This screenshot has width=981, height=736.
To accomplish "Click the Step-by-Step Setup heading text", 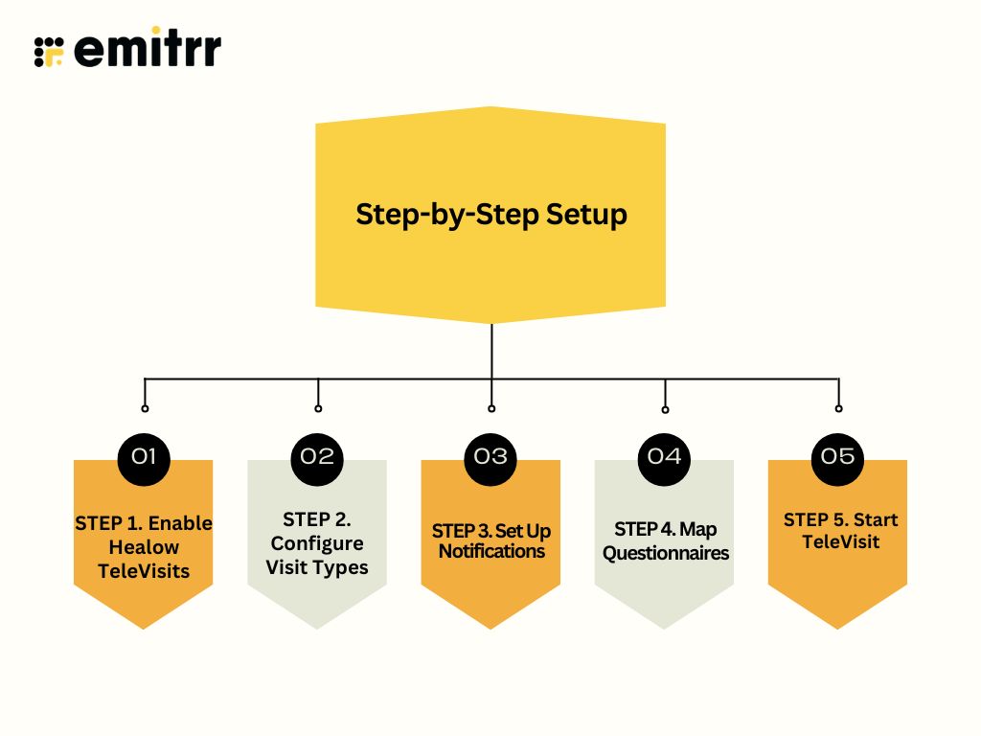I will coord(490,214).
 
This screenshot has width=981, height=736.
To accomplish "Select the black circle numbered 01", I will coord(144,456).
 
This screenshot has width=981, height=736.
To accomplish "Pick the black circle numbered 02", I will coord(317,456).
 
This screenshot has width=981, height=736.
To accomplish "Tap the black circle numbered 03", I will coord(490,456).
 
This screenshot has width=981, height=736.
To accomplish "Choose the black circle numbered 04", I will coord(664,456).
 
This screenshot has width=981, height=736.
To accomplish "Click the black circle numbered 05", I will coord(838,456).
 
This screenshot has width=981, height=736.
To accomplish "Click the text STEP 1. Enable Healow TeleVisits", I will coord(144,547).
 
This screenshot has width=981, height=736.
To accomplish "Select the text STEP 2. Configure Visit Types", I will coord(317,543).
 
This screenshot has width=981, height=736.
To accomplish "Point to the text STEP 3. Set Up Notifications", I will coord(490,541).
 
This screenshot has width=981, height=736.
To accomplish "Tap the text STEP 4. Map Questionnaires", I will coord(665,541).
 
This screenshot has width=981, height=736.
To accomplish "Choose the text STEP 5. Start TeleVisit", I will coord(838,531).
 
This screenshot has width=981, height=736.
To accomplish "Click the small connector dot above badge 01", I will coord(145,408).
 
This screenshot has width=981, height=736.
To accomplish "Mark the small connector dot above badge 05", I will coord(838,408).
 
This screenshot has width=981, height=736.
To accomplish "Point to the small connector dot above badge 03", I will coord(491,408).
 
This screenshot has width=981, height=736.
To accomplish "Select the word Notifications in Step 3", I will coord(490,552).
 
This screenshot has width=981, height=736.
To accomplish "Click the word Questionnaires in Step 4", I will coord(665,553).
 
